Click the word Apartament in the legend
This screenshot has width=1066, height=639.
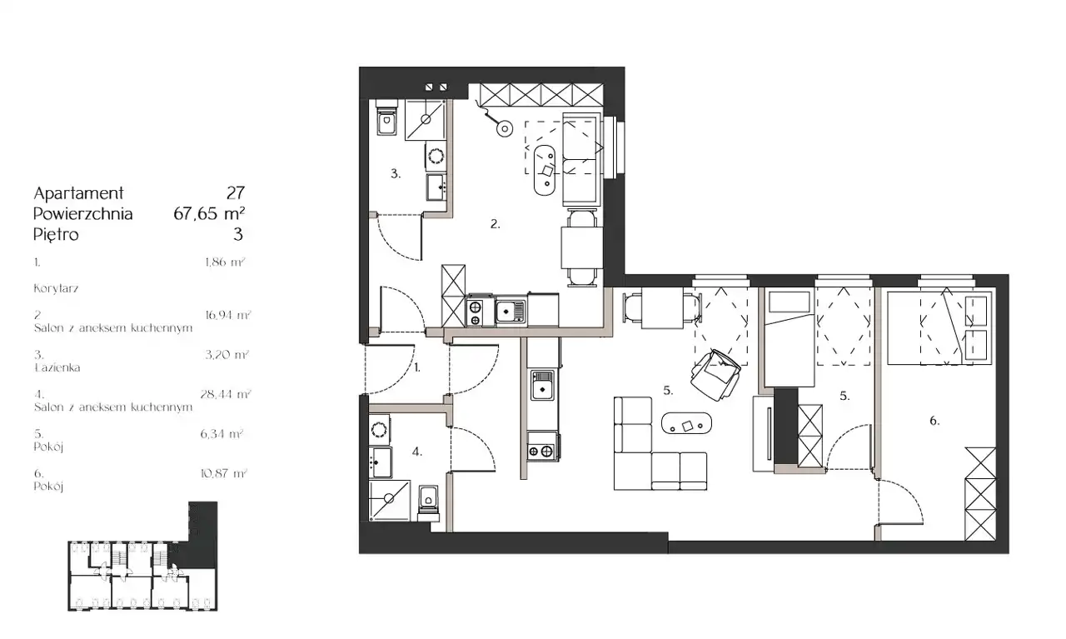[78, 193]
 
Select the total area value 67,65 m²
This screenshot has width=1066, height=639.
[209, 213]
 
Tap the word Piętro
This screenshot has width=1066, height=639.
[56, 235]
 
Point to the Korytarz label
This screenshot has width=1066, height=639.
[56, 288]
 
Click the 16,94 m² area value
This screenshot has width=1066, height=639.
[228, 315]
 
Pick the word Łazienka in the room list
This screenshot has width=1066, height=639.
[57, 367]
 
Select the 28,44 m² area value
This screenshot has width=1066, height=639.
[226, 394]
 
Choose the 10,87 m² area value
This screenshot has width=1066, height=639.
[224, 474]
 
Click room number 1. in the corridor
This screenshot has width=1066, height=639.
[417, 367]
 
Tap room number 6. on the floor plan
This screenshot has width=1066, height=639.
[934, 421]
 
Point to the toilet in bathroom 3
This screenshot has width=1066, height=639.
[386, 118]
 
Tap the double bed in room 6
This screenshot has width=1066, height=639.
[940, 328]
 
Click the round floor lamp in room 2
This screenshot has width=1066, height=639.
[504, 128]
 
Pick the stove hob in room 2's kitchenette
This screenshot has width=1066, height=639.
[475, 313]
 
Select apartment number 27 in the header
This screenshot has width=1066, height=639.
[236, 193]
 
